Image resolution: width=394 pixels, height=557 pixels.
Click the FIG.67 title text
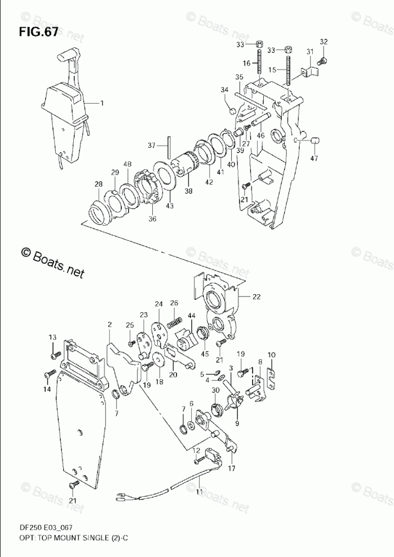click(38, 32)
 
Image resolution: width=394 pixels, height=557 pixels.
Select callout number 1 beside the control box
click(102, 103)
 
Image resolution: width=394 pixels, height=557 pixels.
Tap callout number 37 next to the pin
click(151, 145)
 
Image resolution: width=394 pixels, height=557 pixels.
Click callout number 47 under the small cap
click(314, 158)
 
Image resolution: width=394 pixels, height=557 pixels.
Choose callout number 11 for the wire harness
click(198, 492)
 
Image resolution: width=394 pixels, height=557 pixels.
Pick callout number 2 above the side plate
click(110, 325)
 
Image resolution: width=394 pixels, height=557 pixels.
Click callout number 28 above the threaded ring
click(99, 185)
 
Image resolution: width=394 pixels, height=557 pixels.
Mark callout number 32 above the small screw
click(324, 42)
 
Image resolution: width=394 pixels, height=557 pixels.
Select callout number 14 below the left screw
click(47, 389)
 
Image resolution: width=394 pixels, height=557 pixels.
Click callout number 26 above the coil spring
click(174, 303)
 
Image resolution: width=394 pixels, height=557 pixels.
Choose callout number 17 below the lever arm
click(232, 468)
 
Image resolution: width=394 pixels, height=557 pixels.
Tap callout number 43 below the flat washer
click(170, 206)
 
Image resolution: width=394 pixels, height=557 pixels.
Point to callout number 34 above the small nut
click(224, 90)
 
